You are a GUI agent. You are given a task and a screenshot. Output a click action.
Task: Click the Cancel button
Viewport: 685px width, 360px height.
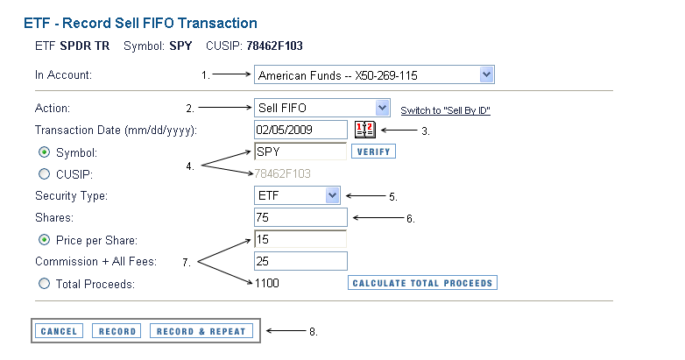click(x=59, y=331)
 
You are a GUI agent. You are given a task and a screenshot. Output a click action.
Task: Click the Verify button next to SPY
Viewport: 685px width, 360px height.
click(x=373, y=152)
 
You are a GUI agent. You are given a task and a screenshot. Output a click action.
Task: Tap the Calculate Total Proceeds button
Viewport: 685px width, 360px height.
click(x=422, y=283)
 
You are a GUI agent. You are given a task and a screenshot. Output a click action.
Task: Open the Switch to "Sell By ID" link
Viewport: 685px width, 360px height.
click(x=445, y=110)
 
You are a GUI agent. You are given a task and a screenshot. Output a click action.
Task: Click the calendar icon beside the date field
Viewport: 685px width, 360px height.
click(x=364, y=130)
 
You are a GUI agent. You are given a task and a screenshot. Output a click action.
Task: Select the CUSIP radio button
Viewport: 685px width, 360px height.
click(x=44, y=174)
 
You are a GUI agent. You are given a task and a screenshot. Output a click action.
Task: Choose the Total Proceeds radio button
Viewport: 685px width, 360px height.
click(x=44, y=284)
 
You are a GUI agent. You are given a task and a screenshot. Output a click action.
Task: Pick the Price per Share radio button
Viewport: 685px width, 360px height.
click(x=44, y=240)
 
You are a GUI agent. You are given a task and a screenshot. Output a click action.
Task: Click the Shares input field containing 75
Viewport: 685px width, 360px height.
click(x=300, y=217)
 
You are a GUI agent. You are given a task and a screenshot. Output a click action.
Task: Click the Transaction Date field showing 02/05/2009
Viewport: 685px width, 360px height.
click(x=300, y=130)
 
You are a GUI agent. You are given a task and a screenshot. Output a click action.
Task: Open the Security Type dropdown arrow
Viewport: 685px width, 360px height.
click(x=333, y=195)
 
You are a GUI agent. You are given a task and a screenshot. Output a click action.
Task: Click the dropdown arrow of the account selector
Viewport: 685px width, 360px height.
click(x=486, y=74)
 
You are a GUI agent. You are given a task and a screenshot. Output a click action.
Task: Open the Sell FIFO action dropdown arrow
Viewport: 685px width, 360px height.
click(x=382, y=108)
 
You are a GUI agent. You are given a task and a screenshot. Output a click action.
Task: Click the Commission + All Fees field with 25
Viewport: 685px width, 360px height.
click(x=300, y=261)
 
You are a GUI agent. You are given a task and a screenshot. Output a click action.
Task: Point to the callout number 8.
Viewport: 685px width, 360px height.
click(x=314, y=332)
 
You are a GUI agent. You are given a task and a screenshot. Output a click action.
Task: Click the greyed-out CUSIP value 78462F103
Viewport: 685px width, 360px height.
click(x=282, y=173)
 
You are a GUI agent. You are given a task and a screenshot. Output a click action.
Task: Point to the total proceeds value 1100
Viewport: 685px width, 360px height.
click(x=267, y=283)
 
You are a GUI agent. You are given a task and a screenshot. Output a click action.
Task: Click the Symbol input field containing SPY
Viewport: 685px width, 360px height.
click(x=300, y=152)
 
